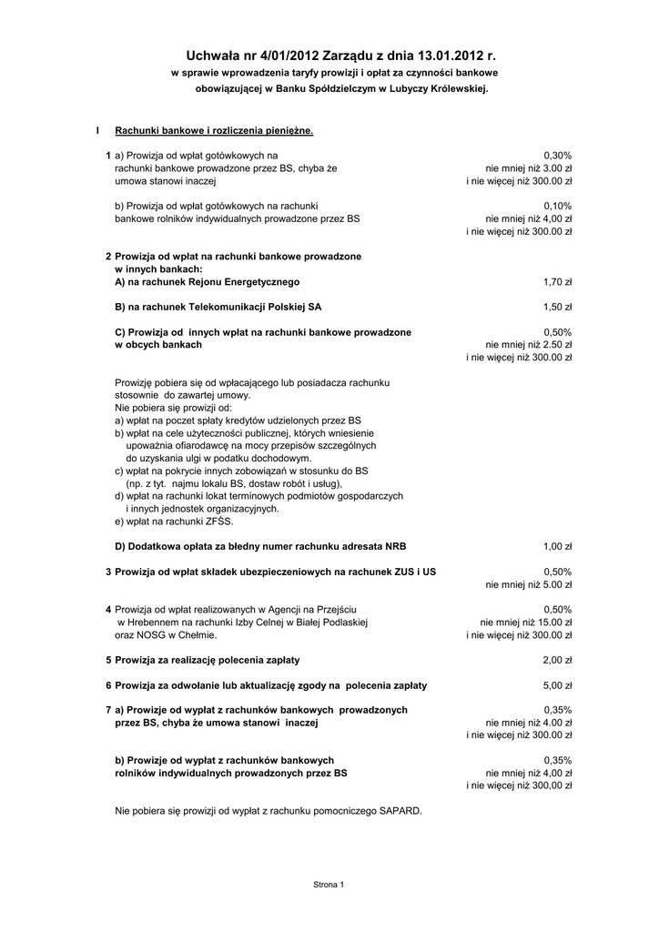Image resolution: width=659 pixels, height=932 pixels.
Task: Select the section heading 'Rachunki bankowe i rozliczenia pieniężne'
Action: pos(214,131)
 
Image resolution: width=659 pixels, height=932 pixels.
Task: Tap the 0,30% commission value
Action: pos(557,157)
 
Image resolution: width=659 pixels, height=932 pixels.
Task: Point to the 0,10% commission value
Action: pos(557,206)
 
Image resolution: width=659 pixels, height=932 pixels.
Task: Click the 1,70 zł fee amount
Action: pos(557,282)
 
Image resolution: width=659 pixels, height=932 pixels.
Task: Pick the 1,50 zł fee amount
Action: pos(557,308)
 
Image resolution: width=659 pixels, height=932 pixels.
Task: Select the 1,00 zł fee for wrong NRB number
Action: pos(557,546)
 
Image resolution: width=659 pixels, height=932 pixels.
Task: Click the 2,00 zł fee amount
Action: pos(557,660)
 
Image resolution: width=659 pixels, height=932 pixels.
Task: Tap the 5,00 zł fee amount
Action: pos(557,685)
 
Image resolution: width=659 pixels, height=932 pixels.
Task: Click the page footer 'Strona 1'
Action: pos(329,884)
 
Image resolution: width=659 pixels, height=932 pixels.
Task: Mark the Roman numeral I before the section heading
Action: pos(97,131)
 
